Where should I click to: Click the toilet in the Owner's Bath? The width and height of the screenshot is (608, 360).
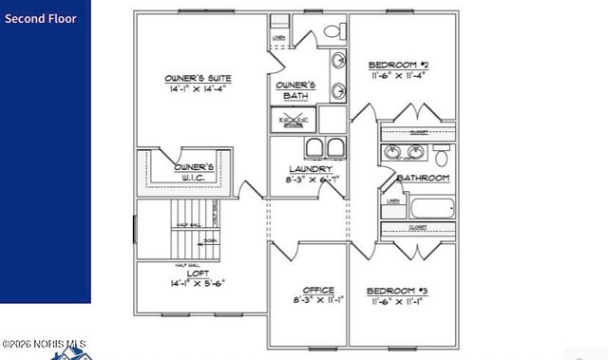pos(332,31)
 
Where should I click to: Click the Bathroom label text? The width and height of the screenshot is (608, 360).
pos(423,178)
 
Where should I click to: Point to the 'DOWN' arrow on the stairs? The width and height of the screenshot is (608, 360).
pos(210,241)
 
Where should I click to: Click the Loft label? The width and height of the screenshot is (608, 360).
pos(198,273)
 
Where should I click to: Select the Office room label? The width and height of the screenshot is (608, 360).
pos(317,289)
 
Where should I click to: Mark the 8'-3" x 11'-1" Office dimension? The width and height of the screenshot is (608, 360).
pos(317,300)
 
